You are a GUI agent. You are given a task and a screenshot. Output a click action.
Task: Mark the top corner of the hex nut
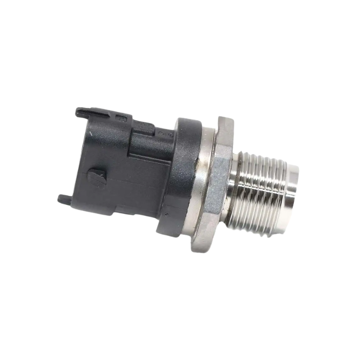(222, 117)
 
